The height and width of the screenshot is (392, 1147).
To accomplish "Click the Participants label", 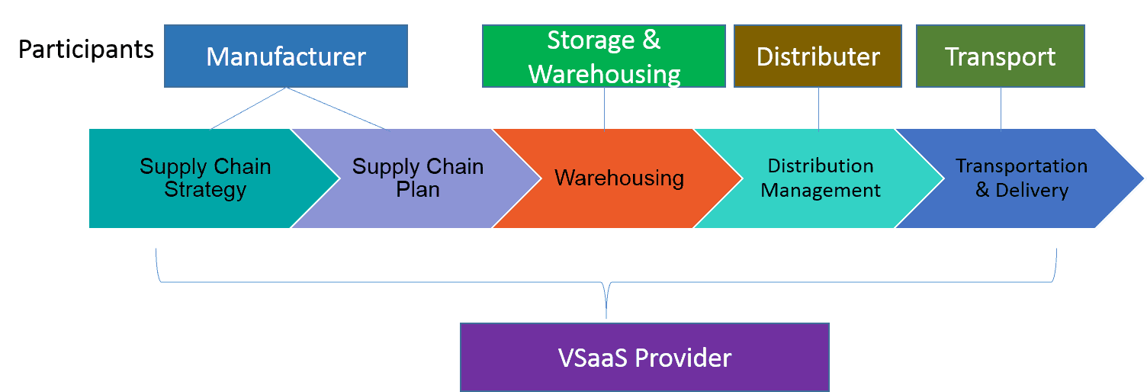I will click(85, 50).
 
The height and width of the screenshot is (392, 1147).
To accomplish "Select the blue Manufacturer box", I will click(285, 56).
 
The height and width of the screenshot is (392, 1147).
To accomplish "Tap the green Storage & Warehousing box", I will click(603, 56).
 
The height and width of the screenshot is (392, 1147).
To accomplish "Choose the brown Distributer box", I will click(818, 56).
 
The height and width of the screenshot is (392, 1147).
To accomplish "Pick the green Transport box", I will click(1000, 56).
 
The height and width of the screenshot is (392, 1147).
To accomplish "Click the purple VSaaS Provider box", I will click(644, 357).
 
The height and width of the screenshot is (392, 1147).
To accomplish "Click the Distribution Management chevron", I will click(819, 178).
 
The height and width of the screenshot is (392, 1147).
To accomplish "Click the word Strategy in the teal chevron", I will click(205, 190).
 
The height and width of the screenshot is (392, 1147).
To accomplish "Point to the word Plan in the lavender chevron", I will click(418, 190).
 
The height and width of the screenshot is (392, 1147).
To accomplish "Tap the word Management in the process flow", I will click(821, 191).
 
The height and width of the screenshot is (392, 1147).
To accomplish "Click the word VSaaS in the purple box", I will click(594, 357).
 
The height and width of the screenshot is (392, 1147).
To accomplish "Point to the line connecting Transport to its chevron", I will click(1001, 108).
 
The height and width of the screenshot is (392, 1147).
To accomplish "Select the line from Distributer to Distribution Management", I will click(818, 108).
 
